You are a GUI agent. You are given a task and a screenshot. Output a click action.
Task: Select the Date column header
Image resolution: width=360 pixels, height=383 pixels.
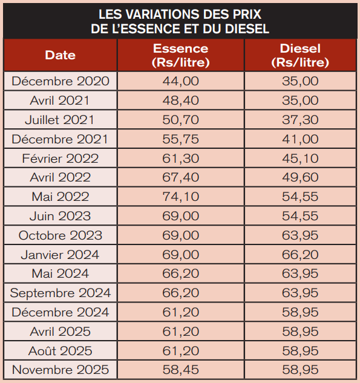pos(60,55)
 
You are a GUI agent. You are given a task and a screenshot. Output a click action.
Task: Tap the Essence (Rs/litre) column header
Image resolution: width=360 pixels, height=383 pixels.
pos(181,55)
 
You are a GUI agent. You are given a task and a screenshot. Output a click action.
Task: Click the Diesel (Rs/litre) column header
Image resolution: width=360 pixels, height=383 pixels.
pos(300,55)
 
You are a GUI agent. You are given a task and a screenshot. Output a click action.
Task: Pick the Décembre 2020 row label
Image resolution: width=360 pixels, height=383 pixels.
pos(61,81)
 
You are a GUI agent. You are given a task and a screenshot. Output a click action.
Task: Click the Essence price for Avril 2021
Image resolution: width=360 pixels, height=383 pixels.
pos(181,100)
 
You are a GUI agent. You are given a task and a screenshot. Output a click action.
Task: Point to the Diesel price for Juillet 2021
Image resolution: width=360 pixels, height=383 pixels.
pos(300,120)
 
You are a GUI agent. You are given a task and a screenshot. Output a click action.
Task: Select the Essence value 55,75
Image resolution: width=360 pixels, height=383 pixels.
pos(181,139)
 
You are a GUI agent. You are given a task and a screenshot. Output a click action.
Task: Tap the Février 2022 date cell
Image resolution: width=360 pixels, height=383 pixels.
pos(61,159)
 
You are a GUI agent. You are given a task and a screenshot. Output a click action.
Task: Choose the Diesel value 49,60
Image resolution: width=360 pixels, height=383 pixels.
pos(300,177)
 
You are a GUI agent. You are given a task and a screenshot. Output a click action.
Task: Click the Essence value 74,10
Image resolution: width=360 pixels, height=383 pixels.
pos(181,197)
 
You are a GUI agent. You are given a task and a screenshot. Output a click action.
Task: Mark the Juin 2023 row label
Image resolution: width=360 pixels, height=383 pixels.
pos(61,216)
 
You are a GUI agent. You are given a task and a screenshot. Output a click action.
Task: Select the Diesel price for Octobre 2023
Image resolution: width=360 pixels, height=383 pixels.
pos(300,235)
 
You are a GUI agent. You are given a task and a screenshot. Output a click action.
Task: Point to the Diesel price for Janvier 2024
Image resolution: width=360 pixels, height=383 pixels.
pos(300,255)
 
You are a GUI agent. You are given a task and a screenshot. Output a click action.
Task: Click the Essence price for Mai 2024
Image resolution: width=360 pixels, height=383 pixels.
pos(181,273)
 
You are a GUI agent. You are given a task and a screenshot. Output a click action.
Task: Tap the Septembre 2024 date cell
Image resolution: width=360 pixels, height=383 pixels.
pos(61,293)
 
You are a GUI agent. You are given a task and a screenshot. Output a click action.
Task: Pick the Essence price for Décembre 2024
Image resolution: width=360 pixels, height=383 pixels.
pos(181,312)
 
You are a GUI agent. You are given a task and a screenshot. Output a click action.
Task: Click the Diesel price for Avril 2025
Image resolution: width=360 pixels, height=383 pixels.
pos(300,331)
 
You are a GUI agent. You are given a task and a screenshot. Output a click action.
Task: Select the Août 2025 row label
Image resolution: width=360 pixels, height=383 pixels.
pos(61,350)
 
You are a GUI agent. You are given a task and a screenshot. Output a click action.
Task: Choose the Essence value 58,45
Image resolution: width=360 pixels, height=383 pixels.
pos(181,369)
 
